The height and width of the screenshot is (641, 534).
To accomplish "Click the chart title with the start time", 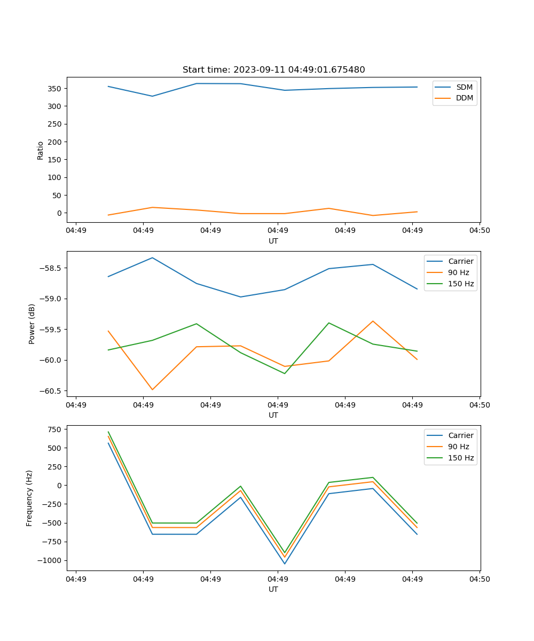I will tap(273, 70).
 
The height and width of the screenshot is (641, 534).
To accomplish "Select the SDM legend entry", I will tap(464, 87).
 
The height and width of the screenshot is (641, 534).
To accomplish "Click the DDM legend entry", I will tap(464, 98).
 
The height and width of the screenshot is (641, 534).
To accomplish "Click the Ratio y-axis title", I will tap(41, 151).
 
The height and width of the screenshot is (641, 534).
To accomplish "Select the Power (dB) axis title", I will tap(32, 324).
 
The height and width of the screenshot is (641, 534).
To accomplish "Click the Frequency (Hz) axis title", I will tap(29, 498).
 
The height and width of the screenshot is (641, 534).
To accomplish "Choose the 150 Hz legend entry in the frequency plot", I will tap(461, 458).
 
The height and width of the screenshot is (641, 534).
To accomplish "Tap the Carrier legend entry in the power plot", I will tap(460, 261).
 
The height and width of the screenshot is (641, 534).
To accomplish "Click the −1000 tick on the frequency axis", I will tap(50, 560).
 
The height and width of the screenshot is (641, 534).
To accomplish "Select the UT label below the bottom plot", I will tap(273, 589).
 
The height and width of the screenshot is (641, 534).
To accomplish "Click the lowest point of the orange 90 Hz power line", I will tap(152, 389).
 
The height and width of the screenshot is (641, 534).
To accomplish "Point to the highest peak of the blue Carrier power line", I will tap(152, 258).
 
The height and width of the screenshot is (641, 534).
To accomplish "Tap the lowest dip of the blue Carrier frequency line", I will tap(285, 564).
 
